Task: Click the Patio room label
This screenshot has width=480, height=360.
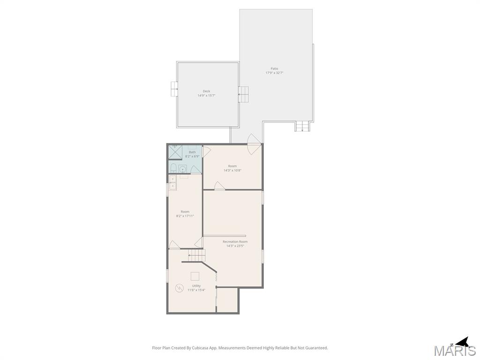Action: pos(274,68)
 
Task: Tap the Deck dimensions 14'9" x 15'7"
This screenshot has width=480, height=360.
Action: pos(206,96)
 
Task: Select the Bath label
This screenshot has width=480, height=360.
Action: pos(192,152)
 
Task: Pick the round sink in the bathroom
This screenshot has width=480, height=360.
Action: pos(182,169)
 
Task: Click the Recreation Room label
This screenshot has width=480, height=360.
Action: pos(235,241)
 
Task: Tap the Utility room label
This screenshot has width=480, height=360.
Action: pos(196,285)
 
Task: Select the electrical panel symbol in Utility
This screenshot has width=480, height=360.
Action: pos(179,288)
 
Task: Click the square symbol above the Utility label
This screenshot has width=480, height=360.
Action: pos(195,276)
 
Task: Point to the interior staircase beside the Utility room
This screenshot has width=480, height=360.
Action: pos(197,255)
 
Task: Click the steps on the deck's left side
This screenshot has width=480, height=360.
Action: pos(174,88)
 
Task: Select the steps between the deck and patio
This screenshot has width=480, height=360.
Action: pos(243,94)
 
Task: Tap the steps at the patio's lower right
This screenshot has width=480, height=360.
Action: pos(303,126)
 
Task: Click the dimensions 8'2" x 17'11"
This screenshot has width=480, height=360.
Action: pos(185,216)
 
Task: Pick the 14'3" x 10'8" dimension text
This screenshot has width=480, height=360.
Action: pos(232,170)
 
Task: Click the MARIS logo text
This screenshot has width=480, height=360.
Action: pos(454,351)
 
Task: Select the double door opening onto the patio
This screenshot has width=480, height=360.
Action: pos(254,143)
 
